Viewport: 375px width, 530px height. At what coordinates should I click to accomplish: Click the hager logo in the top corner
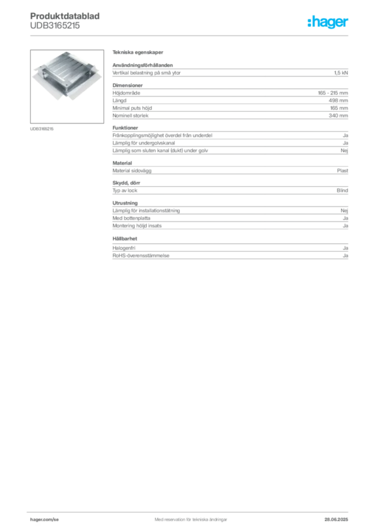pyautogui.click(x=327, y=22)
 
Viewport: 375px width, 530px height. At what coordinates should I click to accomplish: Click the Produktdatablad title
pyautogui.click(x=65, y=16)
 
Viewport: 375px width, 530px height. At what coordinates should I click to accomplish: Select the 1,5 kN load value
pyautogui.click(x=341, y=72)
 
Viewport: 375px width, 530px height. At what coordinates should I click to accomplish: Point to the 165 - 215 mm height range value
pyautogui.click(x=333, y=93)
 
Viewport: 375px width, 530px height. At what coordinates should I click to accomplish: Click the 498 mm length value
pyautogui.click(x=338, y=100)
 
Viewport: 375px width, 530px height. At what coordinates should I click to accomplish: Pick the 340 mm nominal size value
pyautogui.click(x=338, y=115)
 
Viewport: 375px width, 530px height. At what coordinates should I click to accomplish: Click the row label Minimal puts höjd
pyautogui.click(x=132, y=108)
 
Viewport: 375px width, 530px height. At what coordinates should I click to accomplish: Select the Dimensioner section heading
pyautogui.click(x=127, y=85)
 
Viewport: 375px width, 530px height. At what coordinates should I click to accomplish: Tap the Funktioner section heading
pyautogui.click(x=125, y=128)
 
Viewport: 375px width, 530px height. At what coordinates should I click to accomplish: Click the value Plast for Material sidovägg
pyautogui.click(x=342, y=171)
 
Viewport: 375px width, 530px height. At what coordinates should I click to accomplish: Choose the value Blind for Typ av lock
pyautogui.click(x=342, y=190)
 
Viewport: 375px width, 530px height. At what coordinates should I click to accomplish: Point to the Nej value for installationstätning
pyautogui.click(x=344, y=211)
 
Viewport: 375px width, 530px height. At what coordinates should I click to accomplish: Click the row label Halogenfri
pyautogui.click(x=124, y=248)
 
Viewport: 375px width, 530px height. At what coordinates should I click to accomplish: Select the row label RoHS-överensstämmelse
pyautogui.click(x=141, y=256)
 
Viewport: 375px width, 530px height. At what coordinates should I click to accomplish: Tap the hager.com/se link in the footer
pyautogui.click(x=45, y=520)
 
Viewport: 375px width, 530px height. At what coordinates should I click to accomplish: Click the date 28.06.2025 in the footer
pyautogui.click(x=336, y=520)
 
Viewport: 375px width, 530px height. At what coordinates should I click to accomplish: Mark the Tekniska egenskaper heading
pyautogui.click(x=138, y=52)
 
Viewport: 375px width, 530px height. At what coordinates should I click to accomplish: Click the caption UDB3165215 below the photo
pyautogui.click(x=41, y=129)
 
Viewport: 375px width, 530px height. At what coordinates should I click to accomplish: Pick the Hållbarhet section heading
pyautogui.click(x=125, y=239)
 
